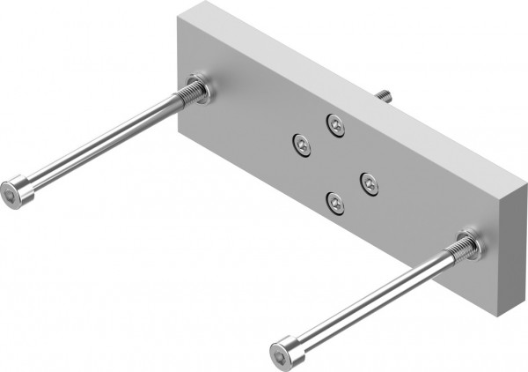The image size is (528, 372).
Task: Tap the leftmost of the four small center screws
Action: [302, 144]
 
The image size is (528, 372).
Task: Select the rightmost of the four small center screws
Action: [370, 183]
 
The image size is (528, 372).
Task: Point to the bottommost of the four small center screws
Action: [335, 203]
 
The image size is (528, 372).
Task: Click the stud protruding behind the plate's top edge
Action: [384, 93]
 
